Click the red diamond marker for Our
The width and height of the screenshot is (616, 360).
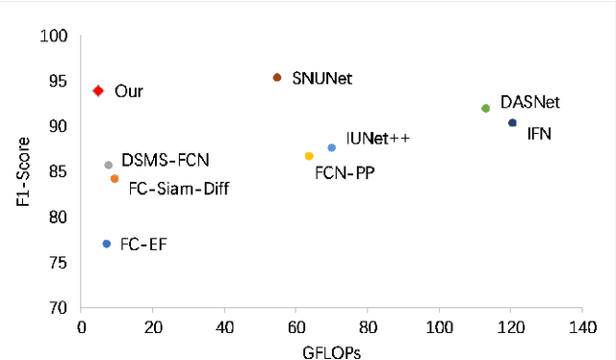pyautogui.click(x=97, y=90)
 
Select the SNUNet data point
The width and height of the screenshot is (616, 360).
pyautogui.click(x=277, y=77)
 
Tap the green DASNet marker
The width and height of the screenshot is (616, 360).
pyautogui.click(x=485, y=109)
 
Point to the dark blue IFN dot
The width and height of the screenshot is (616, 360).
pyautogui.click(x=512, y=123)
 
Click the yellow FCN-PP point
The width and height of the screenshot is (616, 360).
pyautogui.click(x=309, y=156)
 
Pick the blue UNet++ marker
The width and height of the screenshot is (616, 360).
pyautogui.click(x=332, y=147)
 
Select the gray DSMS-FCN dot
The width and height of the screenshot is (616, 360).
pyautogui.click(x=109, y=166)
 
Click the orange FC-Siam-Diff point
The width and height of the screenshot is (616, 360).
pyautogui.click(x=115, y=179)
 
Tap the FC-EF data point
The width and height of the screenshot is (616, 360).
pyautogui.click(x=107, y=244)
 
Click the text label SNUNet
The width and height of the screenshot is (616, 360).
pyautogui.click(x=321, y=79)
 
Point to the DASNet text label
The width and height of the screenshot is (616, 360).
pyautogui.click(x=530, y=102)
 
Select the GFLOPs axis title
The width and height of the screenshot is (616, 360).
pyautogui.click(x=330, y=350)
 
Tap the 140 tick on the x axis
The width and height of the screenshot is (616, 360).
pyautogui.click(x=581, y=327)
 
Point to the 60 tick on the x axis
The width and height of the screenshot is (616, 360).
pyautogui.click(x=295, y=327)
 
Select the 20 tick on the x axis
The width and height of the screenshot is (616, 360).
pyautogui.click(x=152, y=327)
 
